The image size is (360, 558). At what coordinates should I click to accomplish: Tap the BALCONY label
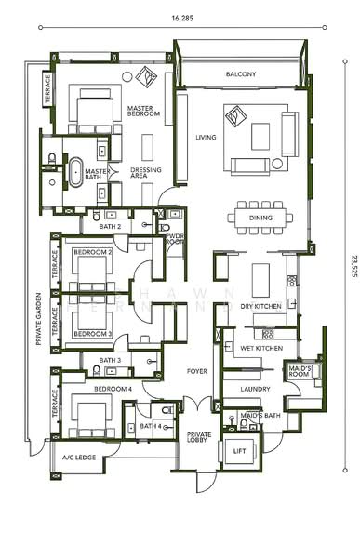pyautogui.click(x=240, y=74)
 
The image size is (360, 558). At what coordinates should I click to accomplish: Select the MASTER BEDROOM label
pyautogui.click(x=144, y=111)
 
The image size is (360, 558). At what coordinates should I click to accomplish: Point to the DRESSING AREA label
pyautogui.click(x=146, y=172)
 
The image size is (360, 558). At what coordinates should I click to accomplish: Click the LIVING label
pyautogui.click(x=205, y=138)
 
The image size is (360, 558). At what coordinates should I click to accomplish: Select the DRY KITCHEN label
pyautogui.click(x=260, y=305)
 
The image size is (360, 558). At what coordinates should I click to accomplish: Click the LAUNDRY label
pyautogui.click(x=255, y=389)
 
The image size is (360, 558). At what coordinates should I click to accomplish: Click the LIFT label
pyautogui.click(x=240, y=450)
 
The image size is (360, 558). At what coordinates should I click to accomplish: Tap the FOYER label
pyautogui.click(x=196, y=370)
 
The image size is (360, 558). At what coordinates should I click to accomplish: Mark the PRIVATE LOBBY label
pyautogui.click(x=199, y=436)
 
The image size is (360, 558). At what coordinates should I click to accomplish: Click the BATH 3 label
pyautogui.click(x=109, y=360)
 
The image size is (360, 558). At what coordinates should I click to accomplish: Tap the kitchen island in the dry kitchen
pyautogui.click(x=261, y=279)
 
